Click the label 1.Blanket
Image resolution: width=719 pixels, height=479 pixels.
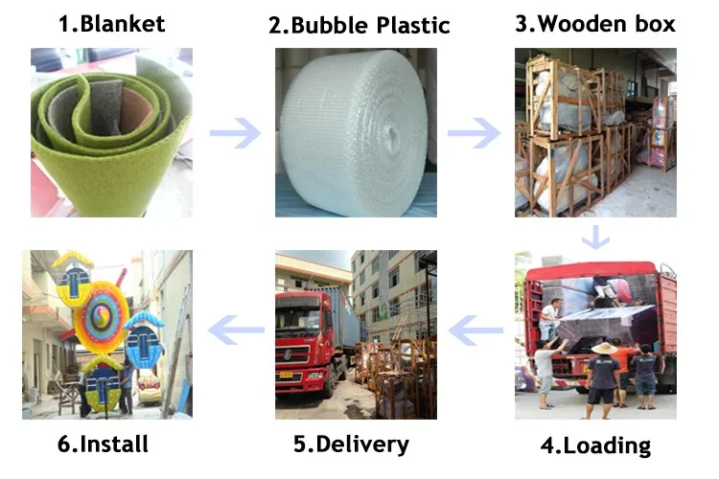112,24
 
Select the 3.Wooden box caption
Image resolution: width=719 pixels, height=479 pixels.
595,24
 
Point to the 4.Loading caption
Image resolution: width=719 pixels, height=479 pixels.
594,445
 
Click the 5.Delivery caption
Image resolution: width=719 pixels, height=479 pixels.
351,445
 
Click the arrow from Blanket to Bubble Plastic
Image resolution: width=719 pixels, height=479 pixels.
235,131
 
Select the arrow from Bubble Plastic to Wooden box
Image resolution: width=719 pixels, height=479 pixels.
474,131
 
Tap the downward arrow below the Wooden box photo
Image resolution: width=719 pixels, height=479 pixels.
597,236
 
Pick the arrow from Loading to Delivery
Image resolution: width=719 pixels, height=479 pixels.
476,332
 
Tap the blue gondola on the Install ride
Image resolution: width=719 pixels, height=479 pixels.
142,326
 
